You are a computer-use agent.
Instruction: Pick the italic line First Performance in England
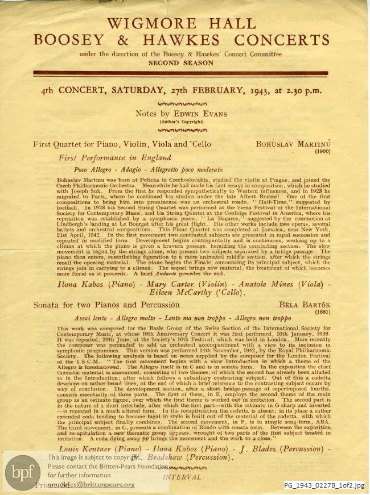coord(118,158)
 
